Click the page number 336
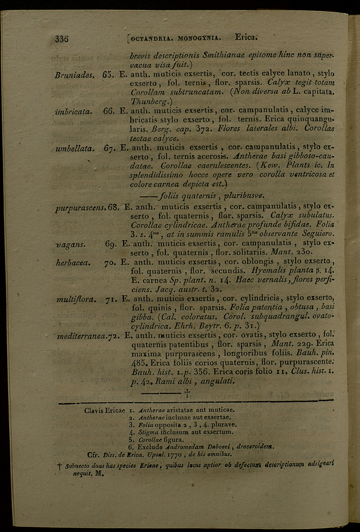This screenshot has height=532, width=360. click(x=62, y=39)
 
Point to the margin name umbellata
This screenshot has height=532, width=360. click(x=74, y=148)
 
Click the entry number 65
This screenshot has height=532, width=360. click(x=108, y=74)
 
